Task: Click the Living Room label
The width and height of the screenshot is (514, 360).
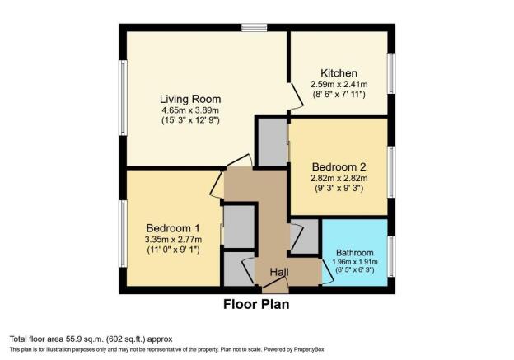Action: coord(190,99)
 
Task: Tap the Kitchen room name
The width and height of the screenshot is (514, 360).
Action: coord(339,73)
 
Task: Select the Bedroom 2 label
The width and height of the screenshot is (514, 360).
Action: coord(339,167)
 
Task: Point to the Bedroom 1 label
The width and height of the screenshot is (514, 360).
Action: coord(173,228)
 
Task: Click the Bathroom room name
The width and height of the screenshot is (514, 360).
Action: coord(355,253)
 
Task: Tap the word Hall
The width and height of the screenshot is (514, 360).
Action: coord(279,272)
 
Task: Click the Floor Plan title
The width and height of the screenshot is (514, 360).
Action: coord(256,304)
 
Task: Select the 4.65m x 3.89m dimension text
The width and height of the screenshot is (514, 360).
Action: coord(190,110)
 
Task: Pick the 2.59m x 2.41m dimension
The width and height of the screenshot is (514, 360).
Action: coord(339,84)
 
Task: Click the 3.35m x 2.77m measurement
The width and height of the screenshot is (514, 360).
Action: coord(173,240)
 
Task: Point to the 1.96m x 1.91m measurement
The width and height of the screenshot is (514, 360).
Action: coord(355,262)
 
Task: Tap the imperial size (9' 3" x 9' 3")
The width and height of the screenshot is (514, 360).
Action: coord(339,188)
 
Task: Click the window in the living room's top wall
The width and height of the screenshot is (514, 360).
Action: coord(255,27)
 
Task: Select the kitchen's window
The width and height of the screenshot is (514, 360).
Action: coord(391,73)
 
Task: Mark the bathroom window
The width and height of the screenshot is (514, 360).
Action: coord(391,257)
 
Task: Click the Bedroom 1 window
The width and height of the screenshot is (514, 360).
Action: coord(123,234)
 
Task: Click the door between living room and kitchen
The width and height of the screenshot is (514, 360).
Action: coord(296,96)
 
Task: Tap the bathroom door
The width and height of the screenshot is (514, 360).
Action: coord(328,272)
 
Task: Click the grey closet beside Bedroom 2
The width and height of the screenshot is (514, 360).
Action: coord(273,142)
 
